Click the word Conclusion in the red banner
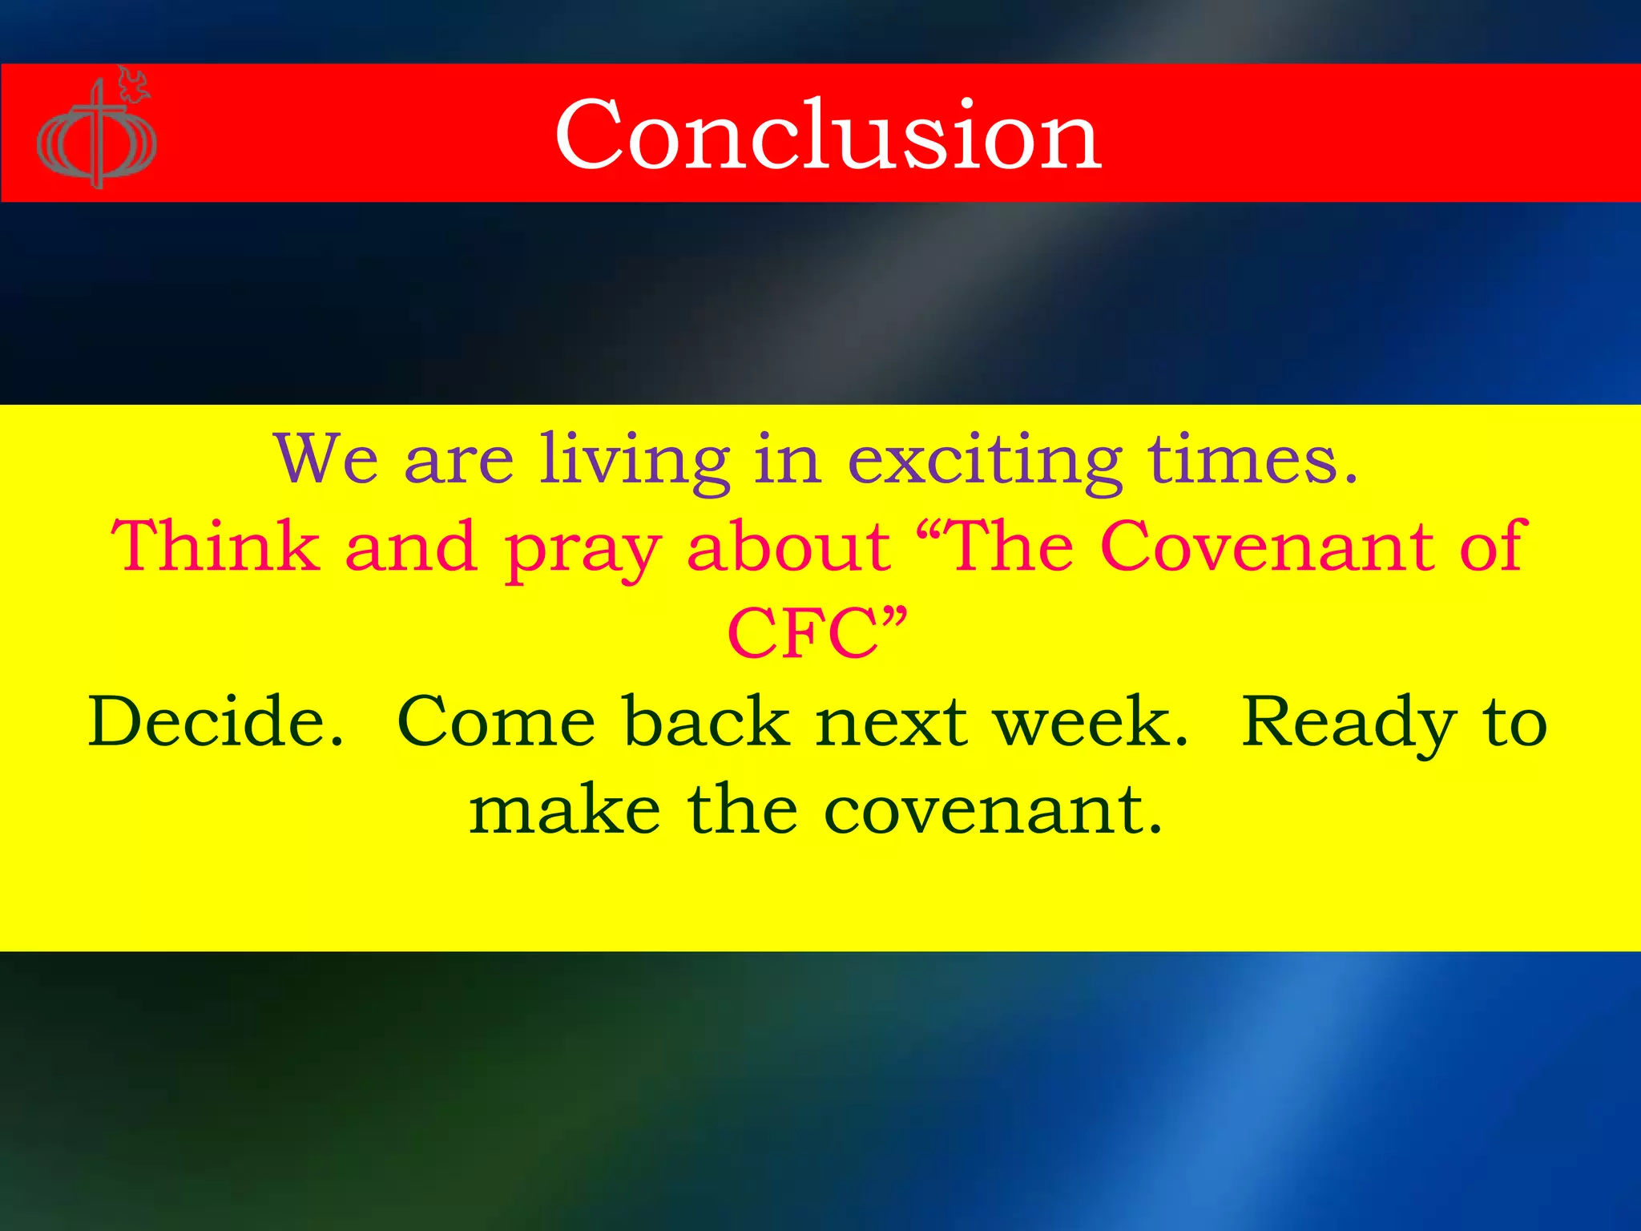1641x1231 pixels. pos(828,135)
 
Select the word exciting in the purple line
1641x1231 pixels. pos(985,462)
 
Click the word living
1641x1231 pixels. pos(634,462)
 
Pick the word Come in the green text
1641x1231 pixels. pos(496,721)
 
